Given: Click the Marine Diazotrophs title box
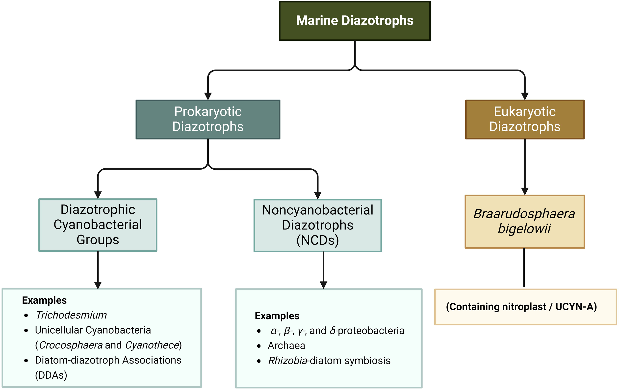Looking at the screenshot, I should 355,21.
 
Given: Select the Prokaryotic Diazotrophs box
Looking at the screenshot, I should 208,119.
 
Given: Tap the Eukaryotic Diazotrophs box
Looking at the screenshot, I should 525,119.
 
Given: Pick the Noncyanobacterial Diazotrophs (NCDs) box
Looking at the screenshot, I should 317,226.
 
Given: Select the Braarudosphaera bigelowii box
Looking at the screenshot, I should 524,221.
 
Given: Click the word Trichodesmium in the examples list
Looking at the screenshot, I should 71,315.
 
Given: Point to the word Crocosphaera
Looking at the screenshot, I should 71,345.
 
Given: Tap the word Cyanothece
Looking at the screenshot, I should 152,345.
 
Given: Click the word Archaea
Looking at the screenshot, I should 286,346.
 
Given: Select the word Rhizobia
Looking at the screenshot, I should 288,361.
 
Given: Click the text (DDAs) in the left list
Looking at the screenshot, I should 51,375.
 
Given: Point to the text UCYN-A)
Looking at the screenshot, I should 576,307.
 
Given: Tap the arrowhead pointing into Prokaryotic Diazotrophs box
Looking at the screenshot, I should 208,96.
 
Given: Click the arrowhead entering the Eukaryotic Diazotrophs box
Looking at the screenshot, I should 525,96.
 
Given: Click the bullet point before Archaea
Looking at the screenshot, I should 259,346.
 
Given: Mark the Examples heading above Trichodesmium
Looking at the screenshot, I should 44,300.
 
